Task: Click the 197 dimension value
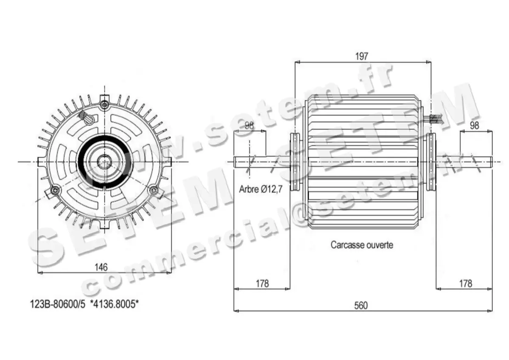point(362,56)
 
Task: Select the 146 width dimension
point(101,267)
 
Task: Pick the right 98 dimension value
point(474,126)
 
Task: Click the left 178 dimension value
point(262,283)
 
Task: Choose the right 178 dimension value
point(465,283)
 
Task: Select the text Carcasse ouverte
point(361,245)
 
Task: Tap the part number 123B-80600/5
point(58,304)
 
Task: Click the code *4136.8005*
point(115,304)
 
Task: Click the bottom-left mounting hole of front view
point(54,191)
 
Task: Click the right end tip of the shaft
point(491,161)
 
